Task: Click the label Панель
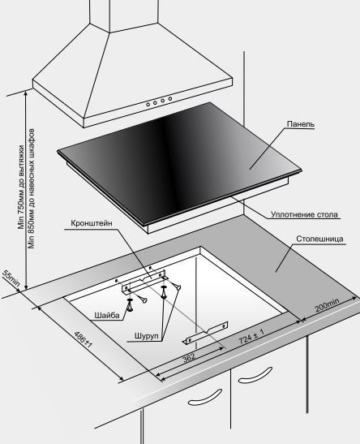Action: pos(300,124)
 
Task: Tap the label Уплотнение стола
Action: pos(304,214)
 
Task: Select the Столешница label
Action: pos(319,239)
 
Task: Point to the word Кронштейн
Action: pos(92,223)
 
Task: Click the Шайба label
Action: pos(107,315)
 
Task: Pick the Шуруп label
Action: pos(147,336)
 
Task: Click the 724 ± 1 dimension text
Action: pos(251,336)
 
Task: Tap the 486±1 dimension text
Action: pos(83,339)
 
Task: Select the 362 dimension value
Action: pos(189,358)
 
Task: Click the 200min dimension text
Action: pos(327,305)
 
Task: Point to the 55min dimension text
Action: pos(11,278)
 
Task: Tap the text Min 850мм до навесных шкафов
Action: pos(31,188)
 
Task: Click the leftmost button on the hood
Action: pos(148,105)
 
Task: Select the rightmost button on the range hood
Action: pos(170,98)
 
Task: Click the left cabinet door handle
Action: pos(205,398)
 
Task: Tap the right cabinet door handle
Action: pos(255,375)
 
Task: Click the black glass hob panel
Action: pos(179,162)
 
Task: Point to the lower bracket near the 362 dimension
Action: pos(205,333)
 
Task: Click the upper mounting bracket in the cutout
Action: pos(144,282)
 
